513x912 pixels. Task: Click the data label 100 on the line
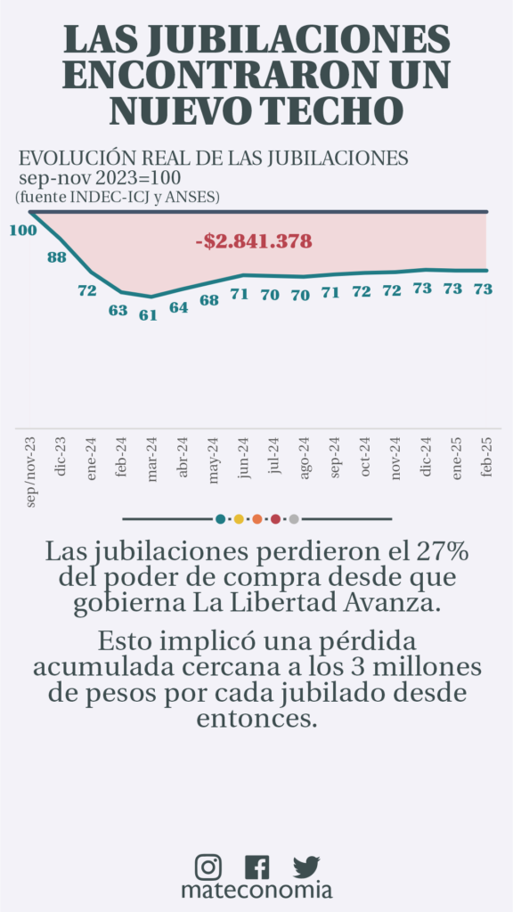click(x=23, y=231)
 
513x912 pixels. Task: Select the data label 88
click(x=56, y=257)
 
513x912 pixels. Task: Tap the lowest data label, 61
click(x=149, y=316)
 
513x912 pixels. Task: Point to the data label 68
click(x=209, y=301)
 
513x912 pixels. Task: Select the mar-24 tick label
click(x=152, y=460)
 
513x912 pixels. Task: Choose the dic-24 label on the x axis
click(x=426, y=457)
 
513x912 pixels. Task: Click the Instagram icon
click(x=208, y=867)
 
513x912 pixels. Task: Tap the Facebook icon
click(x=257, y=867)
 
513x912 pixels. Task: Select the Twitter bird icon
click(x=306, y=867)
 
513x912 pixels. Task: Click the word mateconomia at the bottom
click(x=256, y=891)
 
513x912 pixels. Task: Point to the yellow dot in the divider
click(x=239, y=519)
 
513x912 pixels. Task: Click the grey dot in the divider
click(x=294, y=519)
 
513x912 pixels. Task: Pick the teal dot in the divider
click(x=220, y=519)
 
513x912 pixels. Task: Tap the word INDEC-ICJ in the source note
click(x=110, y=197)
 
